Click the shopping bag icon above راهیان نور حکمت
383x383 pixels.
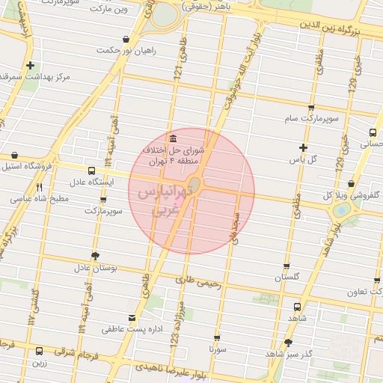[x=125, y=39]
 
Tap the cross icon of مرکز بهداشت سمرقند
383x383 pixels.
[x=30, y=66]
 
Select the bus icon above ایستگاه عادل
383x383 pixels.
[x=91, y=171]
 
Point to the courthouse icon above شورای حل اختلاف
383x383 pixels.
[x=174, y=138]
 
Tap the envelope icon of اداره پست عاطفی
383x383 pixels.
[x=132, y=318]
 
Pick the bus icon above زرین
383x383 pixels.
[x=39, y=351]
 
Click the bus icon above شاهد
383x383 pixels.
[x=298, y=307]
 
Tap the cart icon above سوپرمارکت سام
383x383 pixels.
[x=311, y=108]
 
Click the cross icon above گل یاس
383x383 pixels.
[x=303, y=148]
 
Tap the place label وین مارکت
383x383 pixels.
[x=108, y=10]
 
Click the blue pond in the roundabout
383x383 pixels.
[x=342, y=210]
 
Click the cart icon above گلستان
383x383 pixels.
[x=287, y=266]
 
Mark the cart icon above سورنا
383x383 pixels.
[x=217, y=338]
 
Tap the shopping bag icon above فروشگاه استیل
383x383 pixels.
[x=13, y=155]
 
